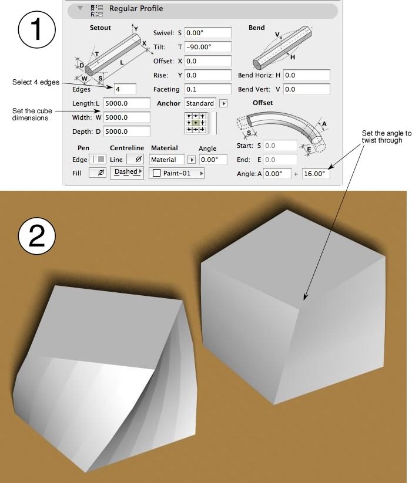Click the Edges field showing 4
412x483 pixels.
[125, 89]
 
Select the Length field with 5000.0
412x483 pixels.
[126, 103]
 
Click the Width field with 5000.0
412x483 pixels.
[126, 117]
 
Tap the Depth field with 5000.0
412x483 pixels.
[126, 131]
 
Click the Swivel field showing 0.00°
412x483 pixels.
[207, 33]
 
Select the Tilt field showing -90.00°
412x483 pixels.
[207, 47]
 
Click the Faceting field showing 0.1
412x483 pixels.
[207, 89]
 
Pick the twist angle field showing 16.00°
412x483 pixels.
[316, 174]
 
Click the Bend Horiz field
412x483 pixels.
[306, 75]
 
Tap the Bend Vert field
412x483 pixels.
[306, 89]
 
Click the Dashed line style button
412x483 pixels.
[126, 173]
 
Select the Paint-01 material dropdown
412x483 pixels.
[176, 174]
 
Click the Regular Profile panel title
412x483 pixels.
[136, 9]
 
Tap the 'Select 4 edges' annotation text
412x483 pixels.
[36, 82]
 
